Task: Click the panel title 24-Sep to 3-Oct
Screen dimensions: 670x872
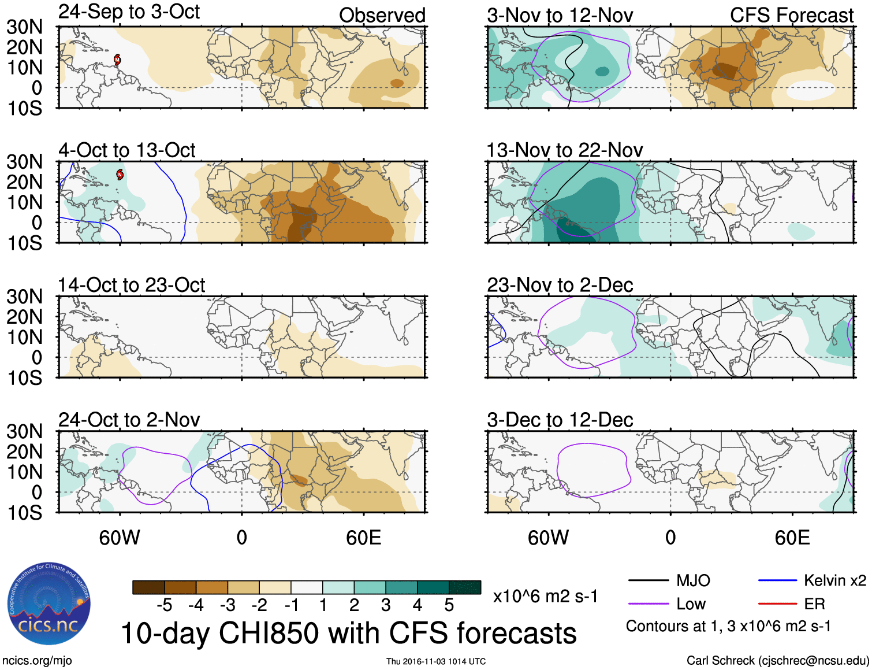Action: (129, 12)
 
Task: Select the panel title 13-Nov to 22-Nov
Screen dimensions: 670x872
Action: (564, 150)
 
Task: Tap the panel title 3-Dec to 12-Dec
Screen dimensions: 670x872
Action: (560, 420)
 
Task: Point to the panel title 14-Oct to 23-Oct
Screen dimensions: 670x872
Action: (131, 285)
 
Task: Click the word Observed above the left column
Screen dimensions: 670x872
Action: (382, 16)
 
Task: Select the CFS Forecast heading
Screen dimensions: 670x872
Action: (791, 16)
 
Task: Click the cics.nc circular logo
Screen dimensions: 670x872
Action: (49, 604)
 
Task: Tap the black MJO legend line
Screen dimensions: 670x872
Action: (648, 580)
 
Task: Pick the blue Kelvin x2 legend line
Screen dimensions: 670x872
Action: (777, 580)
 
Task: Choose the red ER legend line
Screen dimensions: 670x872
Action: (777, 604)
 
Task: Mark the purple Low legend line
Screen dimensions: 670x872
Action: (648, 604)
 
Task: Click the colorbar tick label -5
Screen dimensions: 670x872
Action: (165, 605)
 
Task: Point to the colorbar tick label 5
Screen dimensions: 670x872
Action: (449, 605)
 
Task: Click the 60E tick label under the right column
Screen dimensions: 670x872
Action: (792, 538)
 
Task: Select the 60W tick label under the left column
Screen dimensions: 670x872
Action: (120, 538)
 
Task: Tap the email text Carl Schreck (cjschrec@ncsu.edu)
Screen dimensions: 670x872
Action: (777, 660)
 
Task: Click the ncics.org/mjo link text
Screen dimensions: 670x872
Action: (37, 660)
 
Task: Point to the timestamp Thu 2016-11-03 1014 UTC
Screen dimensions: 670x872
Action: (436, 661)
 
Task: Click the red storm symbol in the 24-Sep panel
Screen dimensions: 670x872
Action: (117, 59)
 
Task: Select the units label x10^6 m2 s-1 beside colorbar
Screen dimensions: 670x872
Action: (545, 596)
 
